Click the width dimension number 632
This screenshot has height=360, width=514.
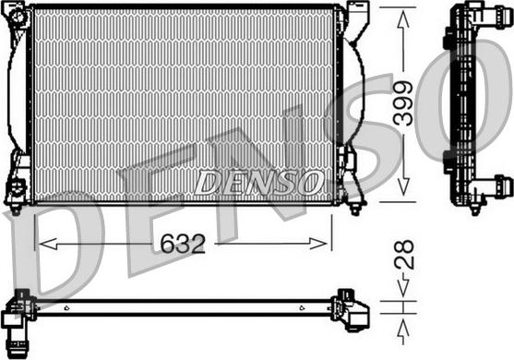click(x=183, y=245)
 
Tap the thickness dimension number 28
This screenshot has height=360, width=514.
click(x=403, y=255)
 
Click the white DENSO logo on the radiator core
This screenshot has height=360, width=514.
click(x=258, y=181)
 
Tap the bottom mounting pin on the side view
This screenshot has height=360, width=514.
click(x=475, y=207)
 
